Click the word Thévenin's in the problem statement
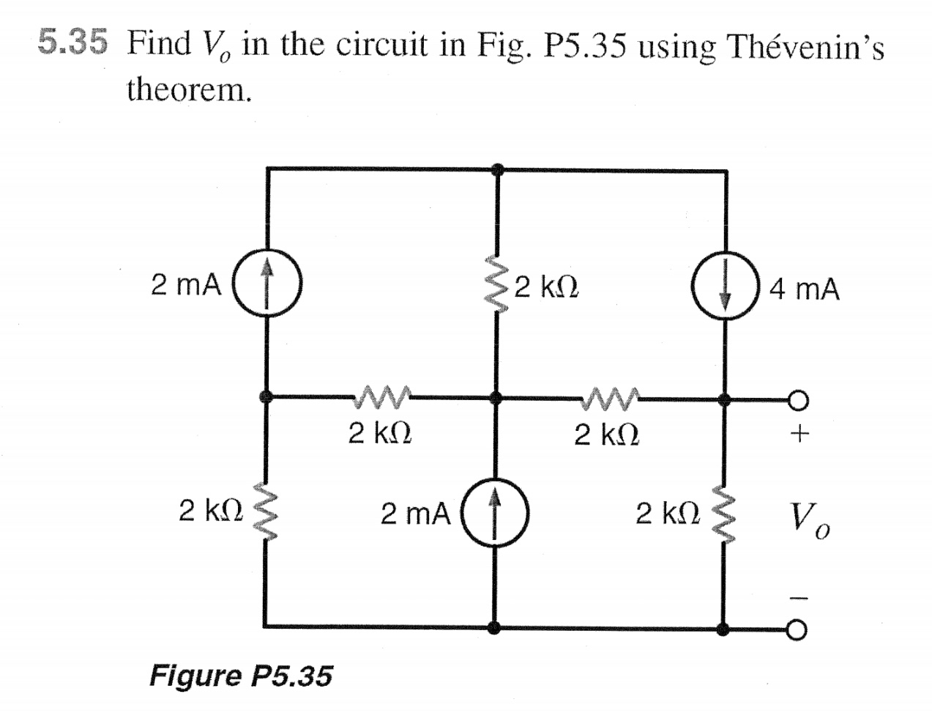point(804,48)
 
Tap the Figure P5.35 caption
point(240,675)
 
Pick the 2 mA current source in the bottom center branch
point(496,513)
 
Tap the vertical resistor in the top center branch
point(497,285)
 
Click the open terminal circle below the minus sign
point(798,629)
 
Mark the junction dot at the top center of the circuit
point(497,169)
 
